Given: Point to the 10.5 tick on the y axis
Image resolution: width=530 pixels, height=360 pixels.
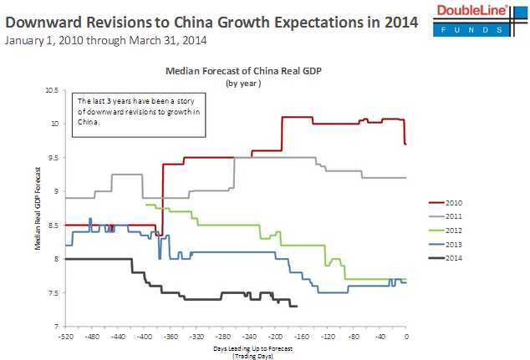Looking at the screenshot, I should click(x=53, y=89).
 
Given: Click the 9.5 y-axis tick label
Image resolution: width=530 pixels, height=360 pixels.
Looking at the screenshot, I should click(x=54, y=157).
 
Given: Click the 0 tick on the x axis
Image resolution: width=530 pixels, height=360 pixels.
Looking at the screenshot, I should click(x=406, y=335).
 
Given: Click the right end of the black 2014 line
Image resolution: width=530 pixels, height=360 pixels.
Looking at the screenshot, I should click(x=298, y=307).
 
